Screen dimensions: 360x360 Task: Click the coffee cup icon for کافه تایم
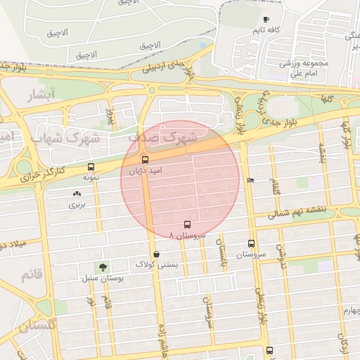(x=265, y=20)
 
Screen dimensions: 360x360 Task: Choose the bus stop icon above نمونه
(x=91, y=167)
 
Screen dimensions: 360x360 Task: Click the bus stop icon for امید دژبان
(x=146, y=160)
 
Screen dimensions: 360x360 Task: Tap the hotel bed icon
(x=251, y=180)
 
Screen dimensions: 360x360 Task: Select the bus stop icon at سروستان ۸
(x=186, y=224)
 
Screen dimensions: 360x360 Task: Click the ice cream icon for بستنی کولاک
(x=155, y=254)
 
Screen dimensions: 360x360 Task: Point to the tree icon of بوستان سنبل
(x=104, y=267)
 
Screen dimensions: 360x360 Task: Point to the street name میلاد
(x=14, y=245)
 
